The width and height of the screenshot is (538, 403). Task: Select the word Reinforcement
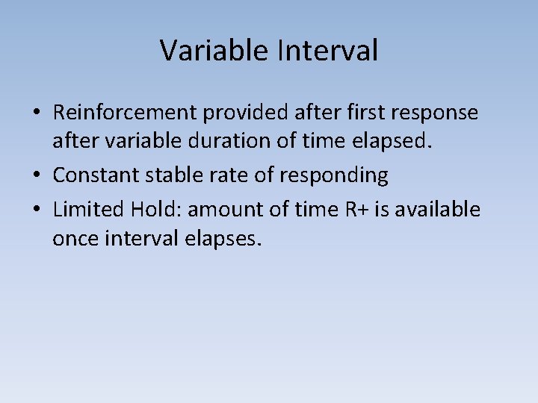click(127, 113)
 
